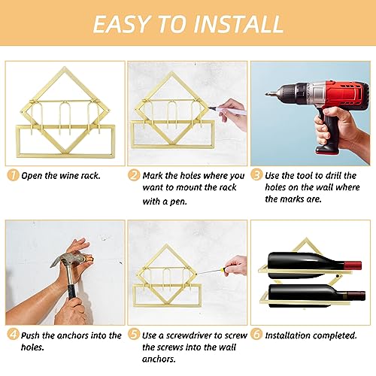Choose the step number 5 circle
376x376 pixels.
tap(133, 335)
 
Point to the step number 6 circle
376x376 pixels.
tap(256, 335)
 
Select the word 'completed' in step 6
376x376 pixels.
tap(337, 335)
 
